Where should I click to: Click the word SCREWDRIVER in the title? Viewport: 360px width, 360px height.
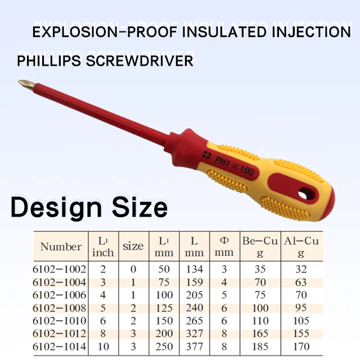pyautogui.click(x=139, y=60)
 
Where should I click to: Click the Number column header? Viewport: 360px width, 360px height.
pyautogui.click(x=61, y=246)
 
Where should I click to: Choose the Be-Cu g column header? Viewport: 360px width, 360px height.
pyautogui.click(x=260, y=246)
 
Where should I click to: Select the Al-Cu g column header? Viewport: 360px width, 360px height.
pyautogui.click(x=301, y=246)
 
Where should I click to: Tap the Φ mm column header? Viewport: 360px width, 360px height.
pyautogui.click(x=224, y=246)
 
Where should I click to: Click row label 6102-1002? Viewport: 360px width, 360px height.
pyautogui.click(x=60, y=269)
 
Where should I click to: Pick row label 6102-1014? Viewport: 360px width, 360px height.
pyautogui.click(x=60, y=346)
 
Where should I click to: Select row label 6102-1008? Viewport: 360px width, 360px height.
pyautogui.click(x=60, y=308)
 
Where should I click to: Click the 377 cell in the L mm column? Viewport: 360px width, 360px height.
pyautogui.click(x=194, y=346)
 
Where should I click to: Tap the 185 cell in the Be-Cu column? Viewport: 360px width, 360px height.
pyautogui.click(x=260, y=346)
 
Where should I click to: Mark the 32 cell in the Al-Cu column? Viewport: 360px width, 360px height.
pyautogui.click(x=301, y=269)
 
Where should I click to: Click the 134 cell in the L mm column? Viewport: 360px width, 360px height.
pyautogui.click(x=194, y=269)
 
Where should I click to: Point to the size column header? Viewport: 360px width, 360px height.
pyautogui.click(x=133, y=246)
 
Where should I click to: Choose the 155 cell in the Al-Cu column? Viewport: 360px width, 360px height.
pyautogui.click(x=301, y=334)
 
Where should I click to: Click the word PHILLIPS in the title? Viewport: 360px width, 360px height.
pyautogui.click(x=48, y=60)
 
